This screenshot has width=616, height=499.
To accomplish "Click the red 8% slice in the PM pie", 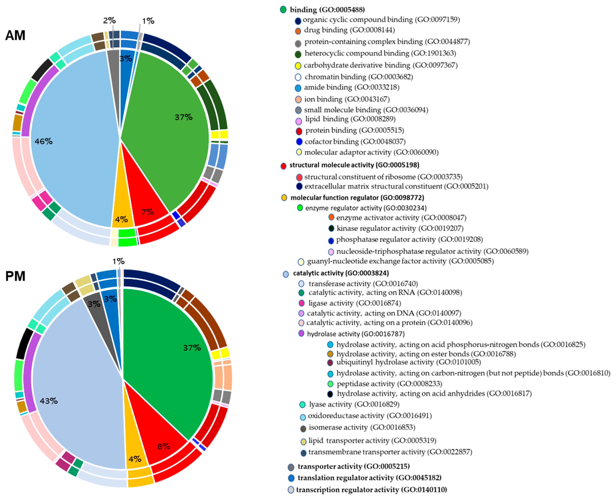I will (x=161, y=437).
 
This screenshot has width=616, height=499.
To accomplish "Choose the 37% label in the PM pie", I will (x=192, y=348).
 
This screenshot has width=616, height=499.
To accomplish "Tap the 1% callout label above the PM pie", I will (x=118, y=261).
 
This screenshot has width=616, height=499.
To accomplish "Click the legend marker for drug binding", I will (x=298, y=31).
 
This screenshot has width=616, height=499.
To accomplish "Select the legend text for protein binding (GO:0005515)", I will (x=354, y=130).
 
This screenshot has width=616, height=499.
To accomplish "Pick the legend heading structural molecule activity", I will (x=354, y=165).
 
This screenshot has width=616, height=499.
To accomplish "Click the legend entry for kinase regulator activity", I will (x=400, y=229).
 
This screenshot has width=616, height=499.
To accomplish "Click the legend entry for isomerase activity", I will (x=362, y=427).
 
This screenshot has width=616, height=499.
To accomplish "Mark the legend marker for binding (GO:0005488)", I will (x=283, y=10).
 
